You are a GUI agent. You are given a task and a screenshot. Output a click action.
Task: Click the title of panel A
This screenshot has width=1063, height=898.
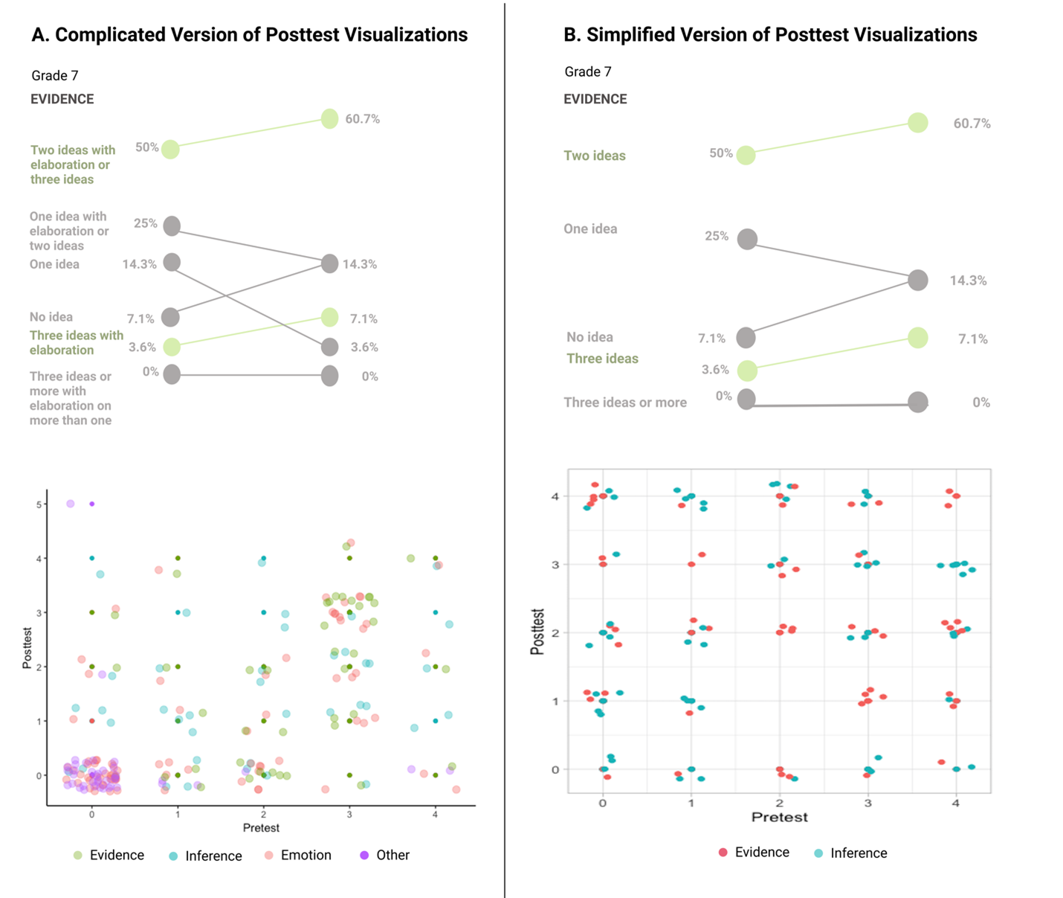coord(249,35)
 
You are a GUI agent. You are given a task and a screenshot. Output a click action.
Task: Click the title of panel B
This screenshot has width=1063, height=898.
coord(770,35)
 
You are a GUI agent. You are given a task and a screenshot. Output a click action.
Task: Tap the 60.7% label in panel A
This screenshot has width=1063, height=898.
coord(362,119)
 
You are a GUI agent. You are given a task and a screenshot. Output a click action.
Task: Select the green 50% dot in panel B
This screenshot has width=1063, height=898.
coord(746,155)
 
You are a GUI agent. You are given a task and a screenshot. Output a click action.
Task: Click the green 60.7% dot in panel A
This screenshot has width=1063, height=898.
coord(329,118)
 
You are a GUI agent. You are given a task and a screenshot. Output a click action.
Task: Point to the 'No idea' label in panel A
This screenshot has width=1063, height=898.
coord(51,317)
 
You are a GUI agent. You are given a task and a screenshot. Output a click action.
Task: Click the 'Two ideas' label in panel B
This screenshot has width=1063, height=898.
coord(595,155)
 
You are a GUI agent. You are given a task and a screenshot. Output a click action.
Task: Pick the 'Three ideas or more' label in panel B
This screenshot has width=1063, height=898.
coord(625,403)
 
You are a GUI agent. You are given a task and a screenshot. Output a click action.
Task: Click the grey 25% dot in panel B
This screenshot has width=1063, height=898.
coord(747,239)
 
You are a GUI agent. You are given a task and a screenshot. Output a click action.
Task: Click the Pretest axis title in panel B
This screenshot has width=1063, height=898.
coord(779,817)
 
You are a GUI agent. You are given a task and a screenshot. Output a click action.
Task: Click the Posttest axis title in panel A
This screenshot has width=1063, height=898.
coord(28,648)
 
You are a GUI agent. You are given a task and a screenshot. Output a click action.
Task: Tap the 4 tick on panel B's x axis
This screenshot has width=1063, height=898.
coord(956,803)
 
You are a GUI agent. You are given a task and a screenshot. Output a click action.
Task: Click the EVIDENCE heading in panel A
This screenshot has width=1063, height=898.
coord(62,99)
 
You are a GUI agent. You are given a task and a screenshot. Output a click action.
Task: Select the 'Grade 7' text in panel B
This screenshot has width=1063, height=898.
coord(588,71)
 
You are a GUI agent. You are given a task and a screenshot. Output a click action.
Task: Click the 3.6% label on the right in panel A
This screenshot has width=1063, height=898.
coord(364,347)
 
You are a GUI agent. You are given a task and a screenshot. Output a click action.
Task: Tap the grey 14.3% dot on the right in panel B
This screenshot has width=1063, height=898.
coord(918,280)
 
